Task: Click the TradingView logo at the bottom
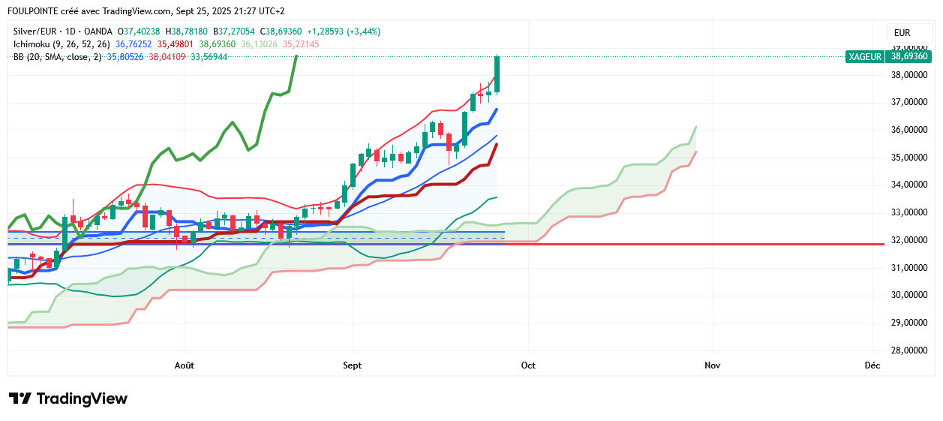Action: point(68,398)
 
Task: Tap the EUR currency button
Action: point(902,33)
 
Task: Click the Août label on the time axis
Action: point(184,365)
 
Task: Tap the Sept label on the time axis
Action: point(352,365)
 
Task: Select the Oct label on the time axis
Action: point(528,365)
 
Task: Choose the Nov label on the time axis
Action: point(712,365)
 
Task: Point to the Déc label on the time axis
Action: point(872,365)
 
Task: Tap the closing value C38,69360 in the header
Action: point(281,32)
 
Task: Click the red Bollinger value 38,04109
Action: point(167,57)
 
